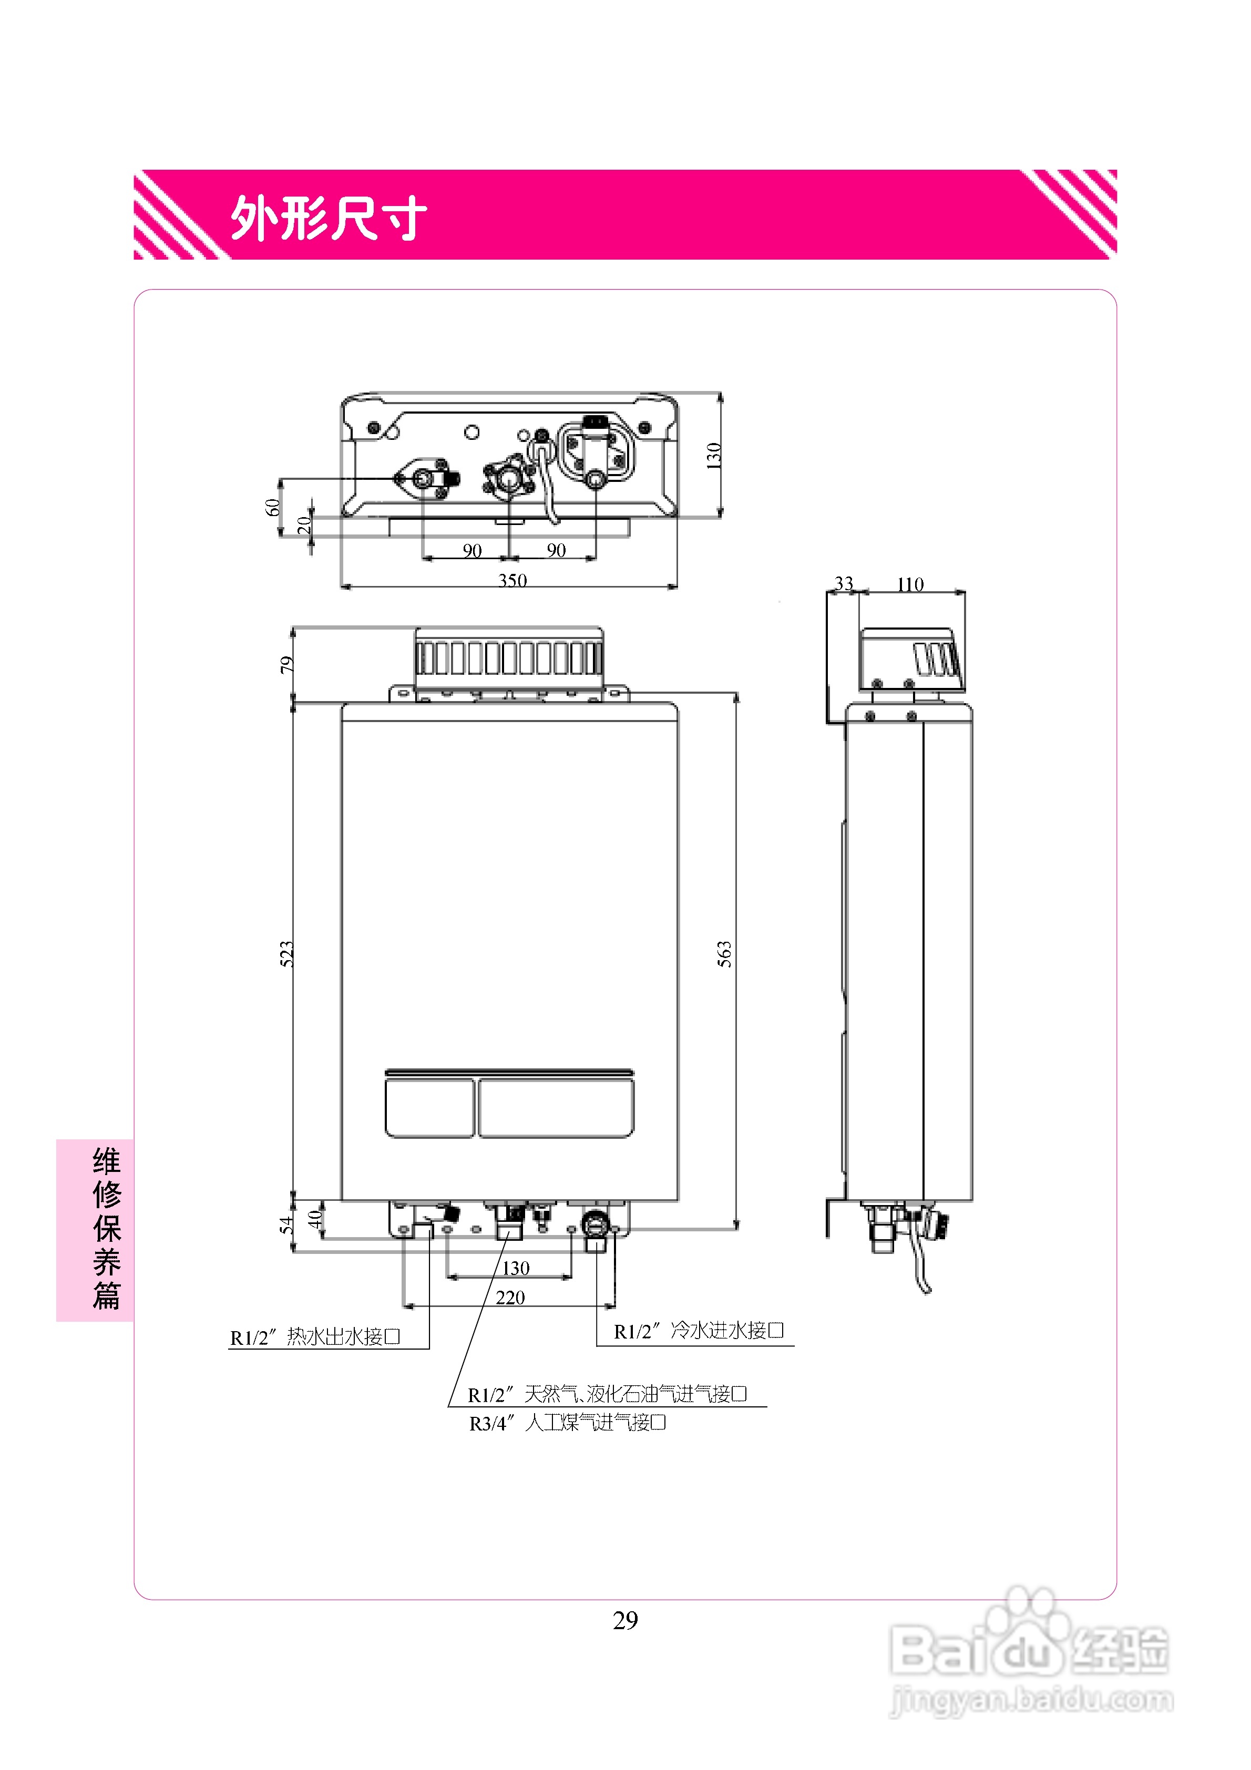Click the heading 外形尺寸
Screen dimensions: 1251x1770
point(328,218)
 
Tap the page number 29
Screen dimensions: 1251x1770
point(625,1620)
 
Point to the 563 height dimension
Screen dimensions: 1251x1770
point(724,954)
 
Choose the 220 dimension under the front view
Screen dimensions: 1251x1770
point(510,1298)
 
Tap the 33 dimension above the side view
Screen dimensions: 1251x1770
point(844,583)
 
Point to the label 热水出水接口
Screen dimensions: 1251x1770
point(342,1336)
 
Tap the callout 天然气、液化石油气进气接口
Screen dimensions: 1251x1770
point(635,1394)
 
